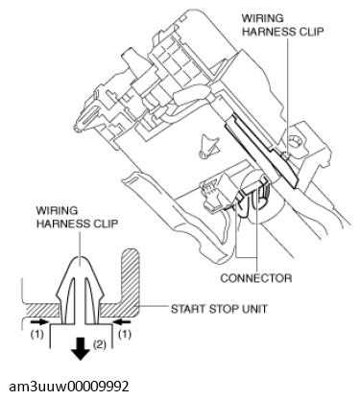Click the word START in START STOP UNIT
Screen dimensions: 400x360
coord(191,310)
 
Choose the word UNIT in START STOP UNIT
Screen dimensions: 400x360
coord(265,310)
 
